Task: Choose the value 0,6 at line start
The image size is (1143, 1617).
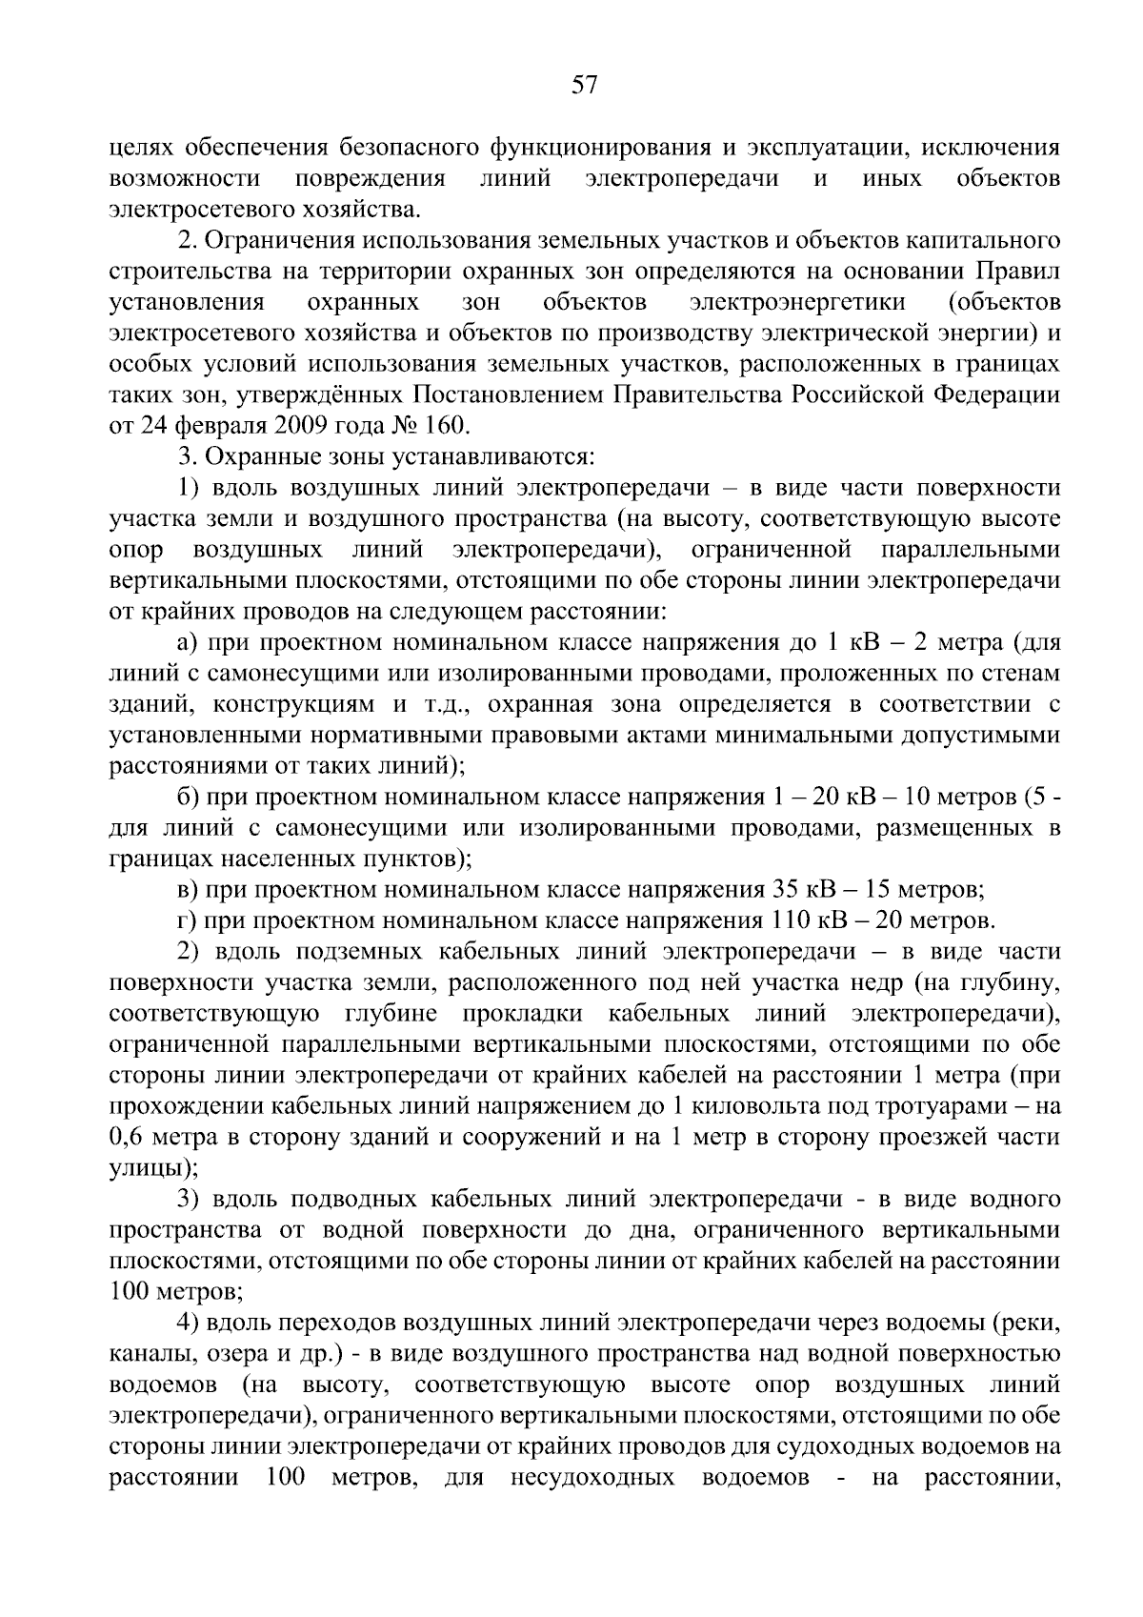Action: pyautogui.click(x=127, y=1138)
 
